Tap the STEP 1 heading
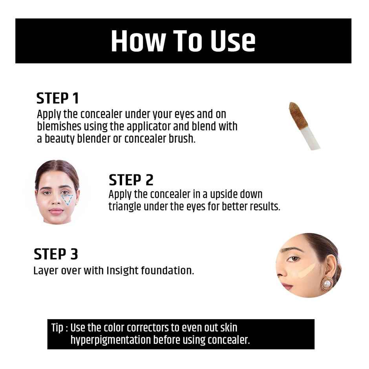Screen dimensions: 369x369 pos(58,99)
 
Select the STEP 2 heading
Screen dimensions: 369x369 pos(131,180)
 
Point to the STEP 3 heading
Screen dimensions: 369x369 pos(56,254)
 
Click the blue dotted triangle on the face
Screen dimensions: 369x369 pos(68,199)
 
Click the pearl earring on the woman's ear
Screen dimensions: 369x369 pos(325,283)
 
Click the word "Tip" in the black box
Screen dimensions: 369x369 pos(57,327)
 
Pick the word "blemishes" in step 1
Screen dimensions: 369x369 pos(59,127)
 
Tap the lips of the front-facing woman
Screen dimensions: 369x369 pos(56,211)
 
